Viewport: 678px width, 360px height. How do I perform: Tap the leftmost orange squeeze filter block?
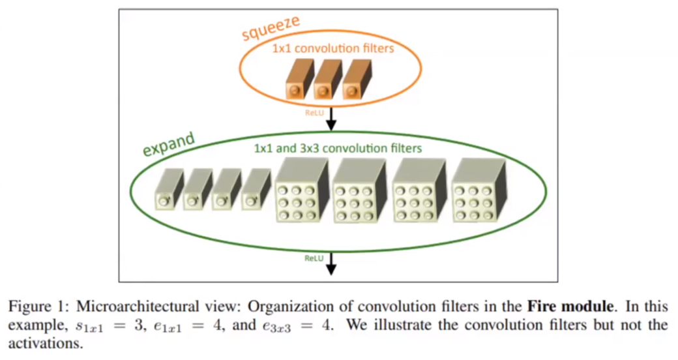point(298,83)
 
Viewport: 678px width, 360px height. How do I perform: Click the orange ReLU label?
point(314,112)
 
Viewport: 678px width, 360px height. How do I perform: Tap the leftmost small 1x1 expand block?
point(169,190)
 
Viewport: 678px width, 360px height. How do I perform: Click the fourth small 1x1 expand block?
point(256,190)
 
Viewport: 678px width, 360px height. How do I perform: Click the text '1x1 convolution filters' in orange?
point(332,48)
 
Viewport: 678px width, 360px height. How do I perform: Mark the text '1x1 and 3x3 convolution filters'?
point(338,149)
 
